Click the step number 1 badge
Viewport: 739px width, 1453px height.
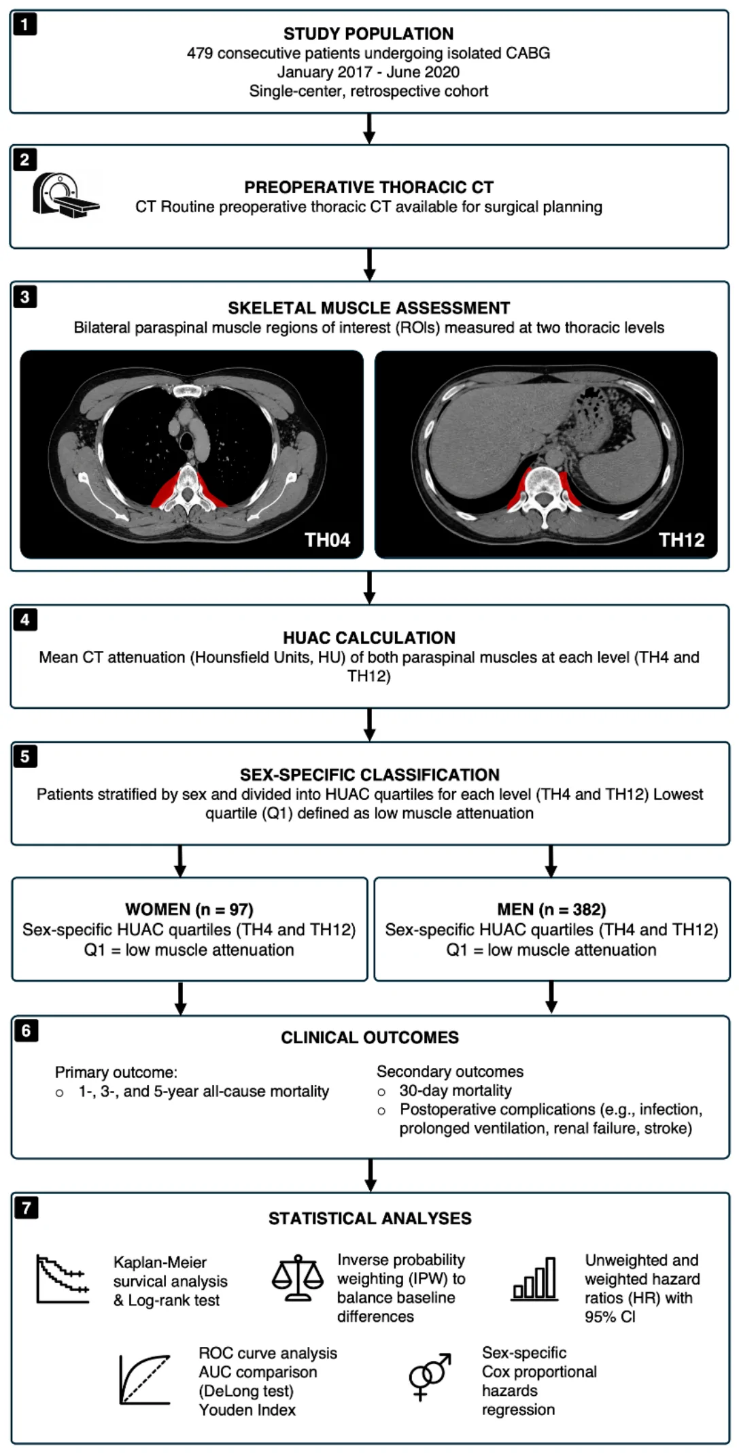24,25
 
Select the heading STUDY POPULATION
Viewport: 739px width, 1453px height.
368,33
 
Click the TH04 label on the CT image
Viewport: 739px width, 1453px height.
327,539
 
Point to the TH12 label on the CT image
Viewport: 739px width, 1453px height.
681,539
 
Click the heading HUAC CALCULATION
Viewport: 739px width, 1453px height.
369,637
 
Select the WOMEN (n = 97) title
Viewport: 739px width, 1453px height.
189,909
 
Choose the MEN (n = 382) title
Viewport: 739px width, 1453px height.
551,909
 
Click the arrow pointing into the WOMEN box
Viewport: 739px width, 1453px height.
180,861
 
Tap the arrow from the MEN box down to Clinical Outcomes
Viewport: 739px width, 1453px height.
551,997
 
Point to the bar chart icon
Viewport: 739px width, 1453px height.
534,1279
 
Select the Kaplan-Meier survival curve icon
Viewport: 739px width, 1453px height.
63,1280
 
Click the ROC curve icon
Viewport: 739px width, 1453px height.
145,1379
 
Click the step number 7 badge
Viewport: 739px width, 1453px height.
26,1207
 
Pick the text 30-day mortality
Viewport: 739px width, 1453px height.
456,1090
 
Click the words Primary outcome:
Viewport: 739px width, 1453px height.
116,1072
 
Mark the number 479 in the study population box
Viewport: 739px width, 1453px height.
200,53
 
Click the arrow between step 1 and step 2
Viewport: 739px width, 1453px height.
369,129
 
